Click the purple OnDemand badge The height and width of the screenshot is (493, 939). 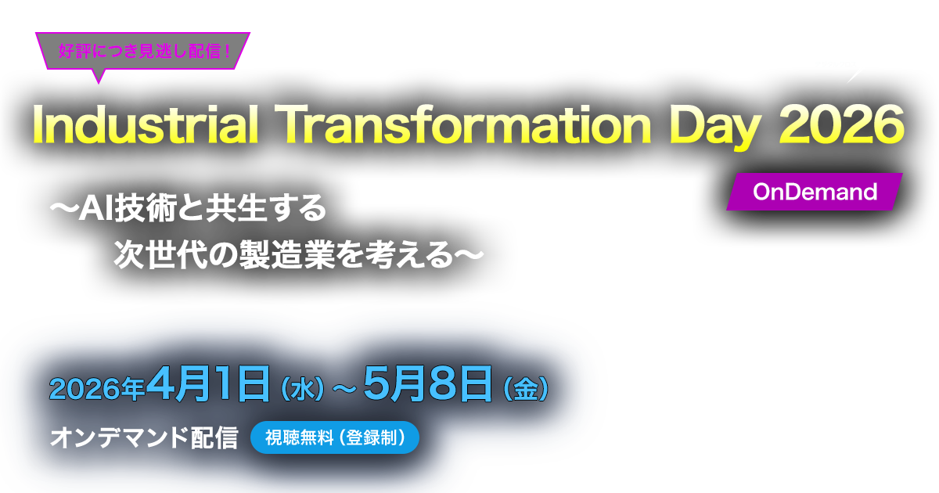(x=815, y=192)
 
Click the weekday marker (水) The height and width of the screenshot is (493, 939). (x=301, y=390)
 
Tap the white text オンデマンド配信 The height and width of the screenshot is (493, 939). (x=143, y=438)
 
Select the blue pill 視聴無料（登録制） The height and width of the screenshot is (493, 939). (x=335, y=438)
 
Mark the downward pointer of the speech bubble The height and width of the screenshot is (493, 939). (x=99, y=75)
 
